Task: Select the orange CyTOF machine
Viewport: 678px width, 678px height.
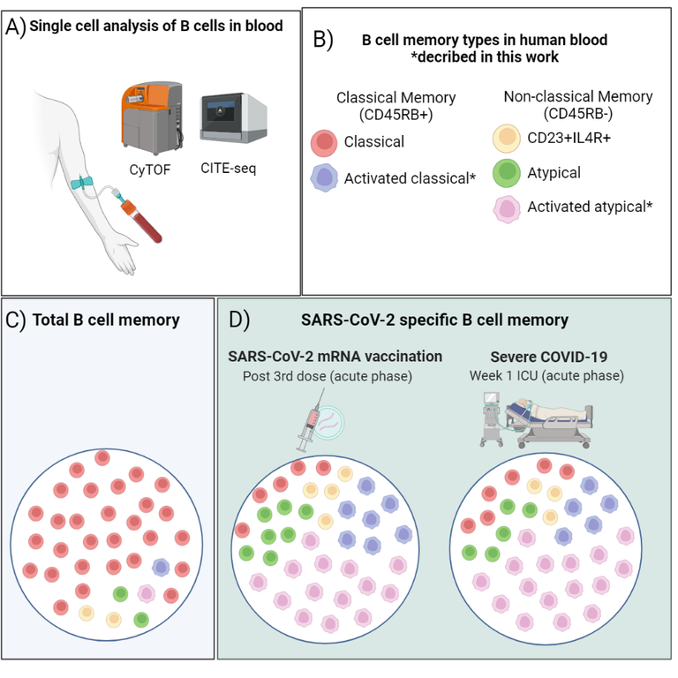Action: (x=151, y=116)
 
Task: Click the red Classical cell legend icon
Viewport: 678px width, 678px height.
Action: (x=324, y=142)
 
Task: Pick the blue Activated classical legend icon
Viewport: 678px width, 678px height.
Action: (x=324, y=178)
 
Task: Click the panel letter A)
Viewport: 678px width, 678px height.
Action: (x=16, y=26)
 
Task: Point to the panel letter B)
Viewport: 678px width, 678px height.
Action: (x=322, y=40)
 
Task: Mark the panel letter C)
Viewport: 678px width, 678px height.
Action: (x=16, y=320)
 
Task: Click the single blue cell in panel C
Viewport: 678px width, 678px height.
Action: (x=161, y=568)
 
